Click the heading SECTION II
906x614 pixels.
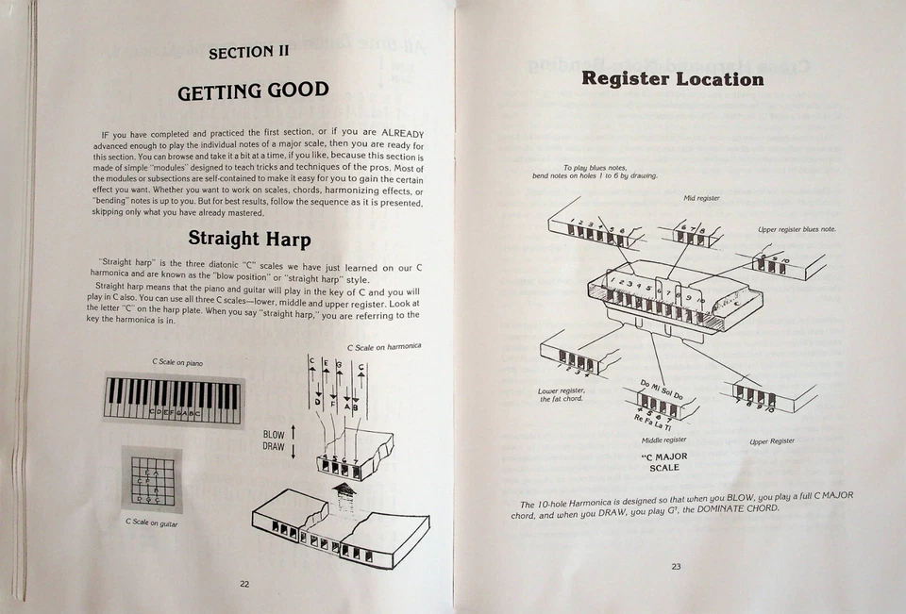click(248, 52)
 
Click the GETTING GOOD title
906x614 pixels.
click(253, 91)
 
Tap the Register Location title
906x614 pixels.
click(672, 78)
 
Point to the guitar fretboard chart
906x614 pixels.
click(151, 479)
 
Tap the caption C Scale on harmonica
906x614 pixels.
click(384, 346)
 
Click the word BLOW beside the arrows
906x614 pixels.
click(274, 435)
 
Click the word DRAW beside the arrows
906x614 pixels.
click(274, 446)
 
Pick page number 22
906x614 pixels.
click(243, 584)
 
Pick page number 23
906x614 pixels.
click(676, 567)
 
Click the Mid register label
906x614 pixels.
click(701, 198)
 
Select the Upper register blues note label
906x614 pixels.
click(797, 229)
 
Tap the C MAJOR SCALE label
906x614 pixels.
click(663, 461)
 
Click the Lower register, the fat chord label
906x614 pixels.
click(562, 394)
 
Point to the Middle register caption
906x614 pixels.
click(663, 440)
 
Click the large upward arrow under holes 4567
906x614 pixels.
click(343, 491)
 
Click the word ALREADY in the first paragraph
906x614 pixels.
click(402, 133)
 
